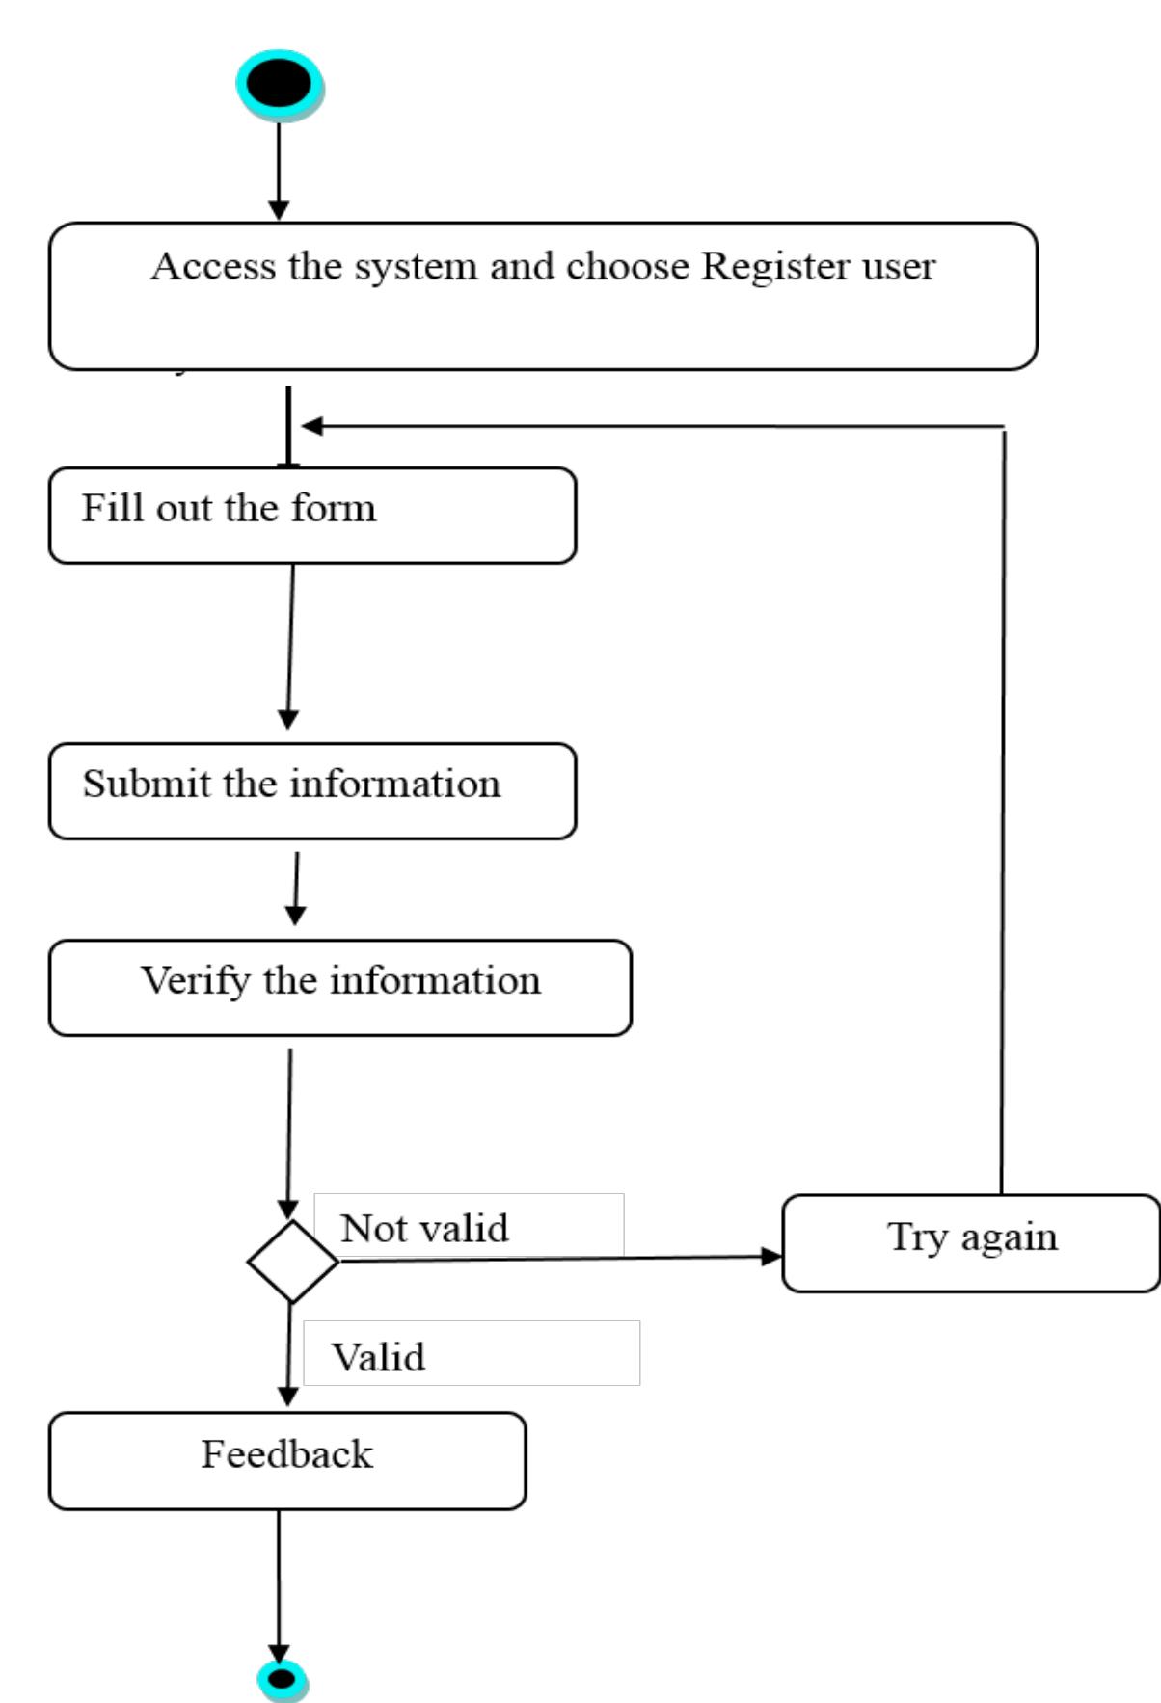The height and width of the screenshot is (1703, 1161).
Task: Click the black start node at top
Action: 279,84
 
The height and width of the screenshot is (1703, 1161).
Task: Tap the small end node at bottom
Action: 282,1680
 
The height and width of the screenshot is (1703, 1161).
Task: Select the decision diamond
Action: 292,1261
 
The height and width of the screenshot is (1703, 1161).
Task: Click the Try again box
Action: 970,1242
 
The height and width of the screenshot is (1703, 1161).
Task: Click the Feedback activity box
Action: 287,1460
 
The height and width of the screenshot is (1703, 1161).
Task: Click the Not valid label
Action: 424,1228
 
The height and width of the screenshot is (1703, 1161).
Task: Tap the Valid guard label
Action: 378,1357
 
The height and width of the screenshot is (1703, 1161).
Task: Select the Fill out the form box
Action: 311,515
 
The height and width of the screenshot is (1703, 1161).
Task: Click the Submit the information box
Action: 311,790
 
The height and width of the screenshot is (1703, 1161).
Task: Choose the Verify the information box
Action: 339,987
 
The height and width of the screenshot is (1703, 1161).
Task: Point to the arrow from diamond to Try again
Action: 559,1258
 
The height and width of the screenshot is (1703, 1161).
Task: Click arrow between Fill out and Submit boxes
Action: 290,646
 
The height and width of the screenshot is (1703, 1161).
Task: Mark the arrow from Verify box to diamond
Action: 289,1128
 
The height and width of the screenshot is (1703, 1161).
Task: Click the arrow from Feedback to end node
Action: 279,1581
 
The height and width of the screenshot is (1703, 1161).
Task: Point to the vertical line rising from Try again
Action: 1003,810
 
